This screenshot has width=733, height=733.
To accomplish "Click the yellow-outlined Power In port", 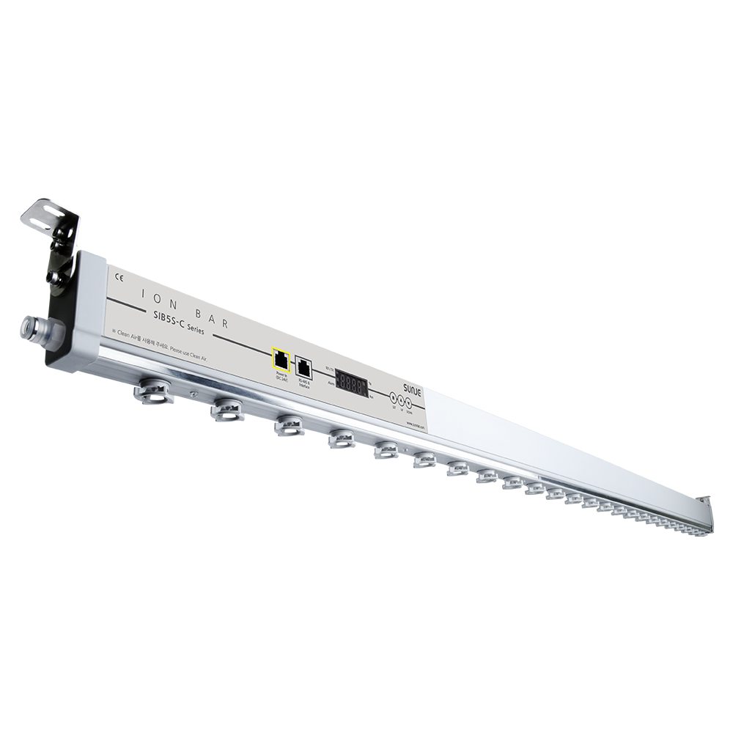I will click(x=281, y=359).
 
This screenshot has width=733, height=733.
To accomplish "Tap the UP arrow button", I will click(x=400, y=400).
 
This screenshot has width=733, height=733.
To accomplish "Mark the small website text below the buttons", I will click(x=416, y=423).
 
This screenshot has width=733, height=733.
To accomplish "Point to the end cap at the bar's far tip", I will click(x=705, y=512).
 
